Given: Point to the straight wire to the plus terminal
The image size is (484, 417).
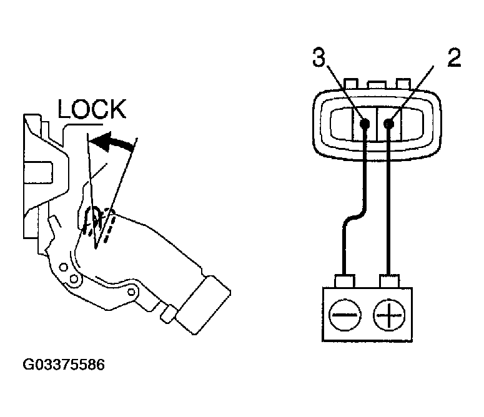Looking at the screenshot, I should tap(388, 206).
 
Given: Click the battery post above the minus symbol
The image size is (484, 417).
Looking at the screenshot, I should tap(345, 280).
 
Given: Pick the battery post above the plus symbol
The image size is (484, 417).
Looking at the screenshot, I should tap(388, 280).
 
